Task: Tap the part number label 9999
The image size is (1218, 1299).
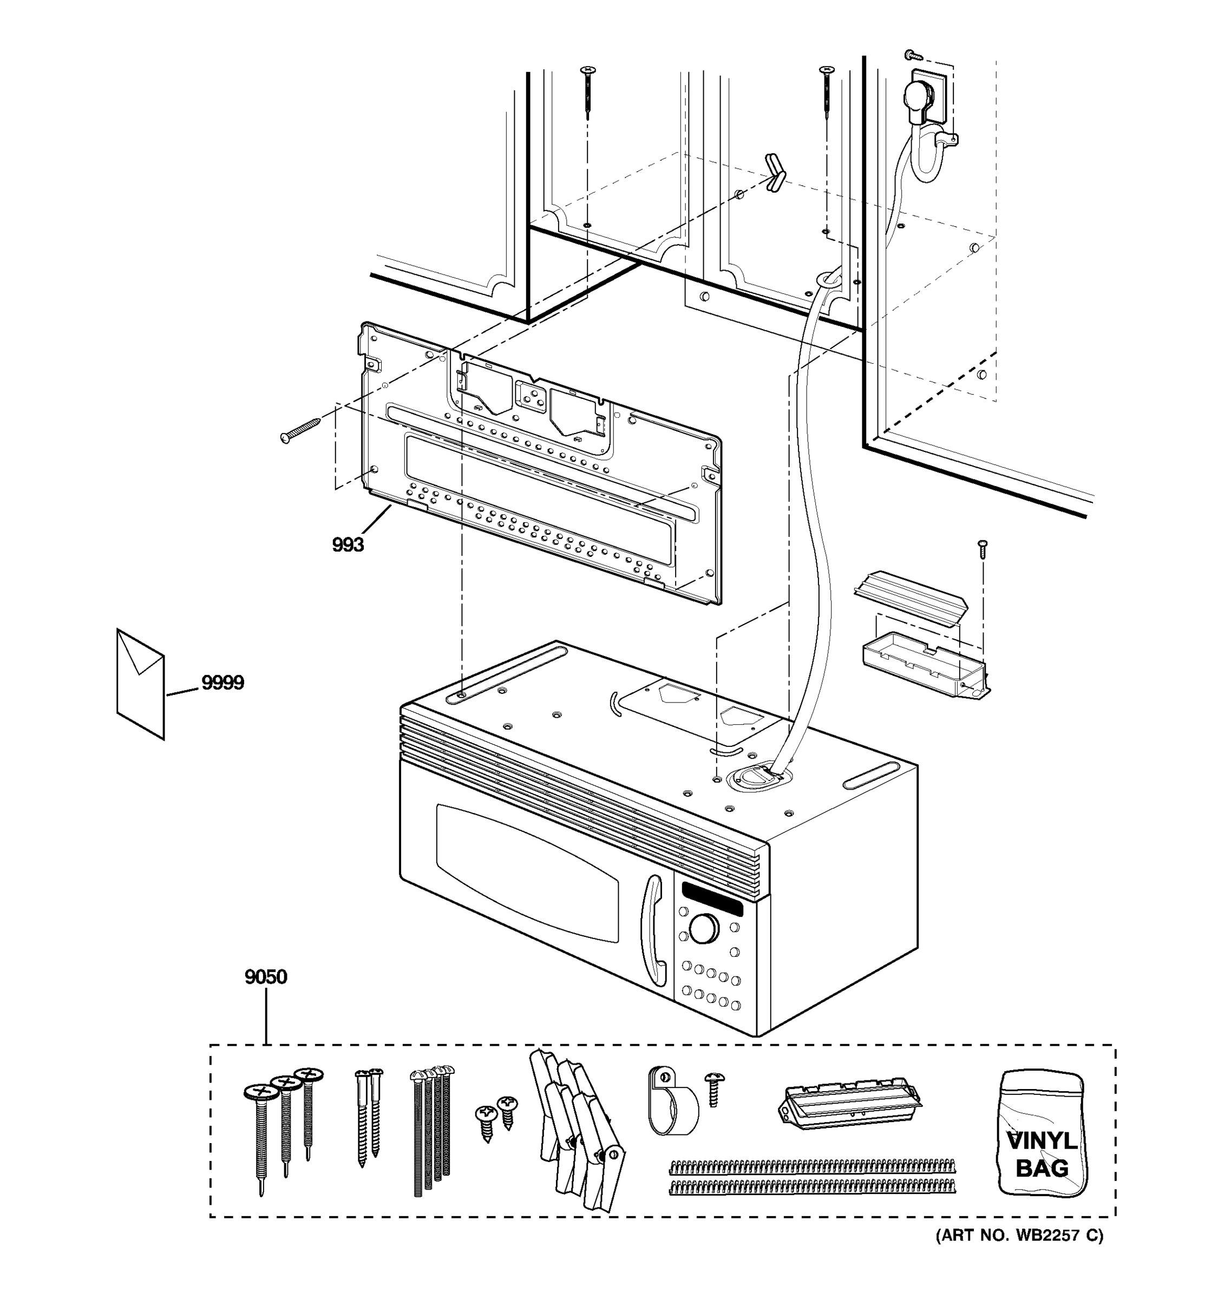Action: click(x=222, y=683)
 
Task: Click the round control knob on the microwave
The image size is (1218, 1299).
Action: click(x=704, y=929)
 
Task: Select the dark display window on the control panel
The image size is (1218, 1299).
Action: click(x=712, y=899)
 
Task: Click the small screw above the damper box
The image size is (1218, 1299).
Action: click(x=981, y=548)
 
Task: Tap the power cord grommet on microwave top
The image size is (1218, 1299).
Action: click(x=760, y=778)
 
